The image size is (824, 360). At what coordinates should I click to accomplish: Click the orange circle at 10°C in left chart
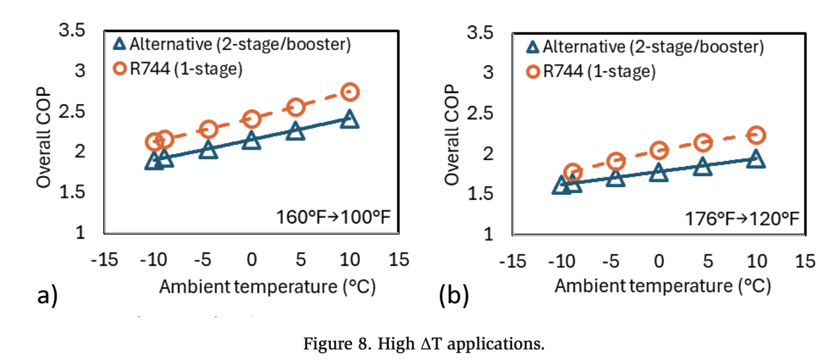(x=350, y=92)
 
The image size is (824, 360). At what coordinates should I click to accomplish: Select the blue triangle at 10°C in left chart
(x=350, y=119)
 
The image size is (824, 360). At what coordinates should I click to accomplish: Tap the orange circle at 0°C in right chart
(x=659, y=150)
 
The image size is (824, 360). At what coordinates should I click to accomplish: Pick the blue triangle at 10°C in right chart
(x=756, y=159)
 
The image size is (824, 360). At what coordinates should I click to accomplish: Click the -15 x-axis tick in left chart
(x=104, y=259)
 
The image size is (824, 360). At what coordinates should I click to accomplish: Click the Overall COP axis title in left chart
(x=44, y=132)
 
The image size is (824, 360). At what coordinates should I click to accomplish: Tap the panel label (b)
(x=454, y=296)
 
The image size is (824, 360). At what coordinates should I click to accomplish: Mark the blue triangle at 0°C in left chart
(x=251, y=140)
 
